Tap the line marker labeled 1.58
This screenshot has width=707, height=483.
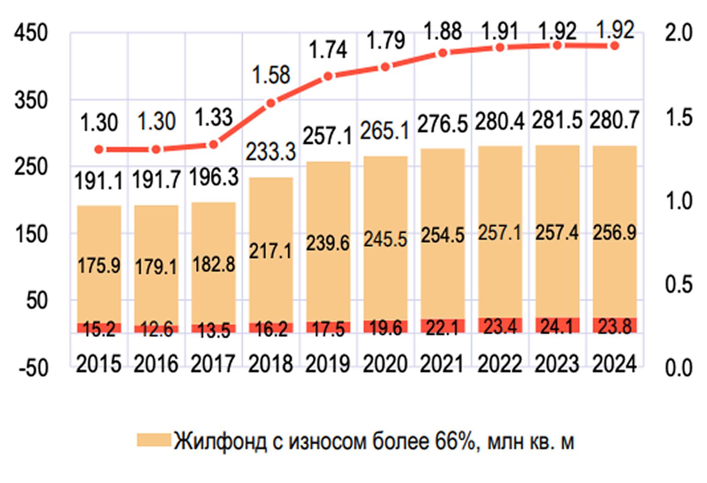(271, 103)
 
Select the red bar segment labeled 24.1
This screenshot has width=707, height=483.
(557, 326)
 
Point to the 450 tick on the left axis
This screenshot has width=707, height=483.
(31, 34)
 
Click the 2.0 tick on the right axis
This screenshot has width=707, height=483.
(678, 33)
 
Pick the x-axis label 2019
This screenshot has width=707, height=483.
(328, 364)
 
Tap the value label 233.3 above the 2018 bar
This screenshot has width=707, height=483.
(271, 152)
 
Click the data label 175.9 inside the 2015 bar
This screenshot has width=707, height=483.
(99, 265)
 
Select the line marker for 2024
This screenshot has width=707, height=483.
(615, 46)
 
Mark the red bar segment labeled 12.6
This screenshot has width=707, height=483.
(156, 329)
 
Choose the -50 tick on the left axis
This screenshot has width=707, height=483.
(33, 368)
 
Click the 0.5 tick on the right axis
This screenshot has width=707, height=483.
(678, 284)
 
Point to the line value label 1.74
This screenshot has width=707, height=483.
(328, 50)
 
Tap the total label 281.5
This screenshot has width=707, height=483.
(557, 121)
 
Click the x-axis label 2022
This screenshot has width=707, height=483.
(500, 364)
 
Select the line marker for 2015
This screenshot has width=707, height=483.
(99, 150)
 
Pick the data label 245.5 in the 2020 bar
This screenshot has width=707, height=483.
(385, 239)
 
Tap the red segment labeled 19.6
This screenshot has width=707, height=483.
(385, 327)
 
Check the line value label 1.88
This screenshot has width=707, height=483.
(443, 31)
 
